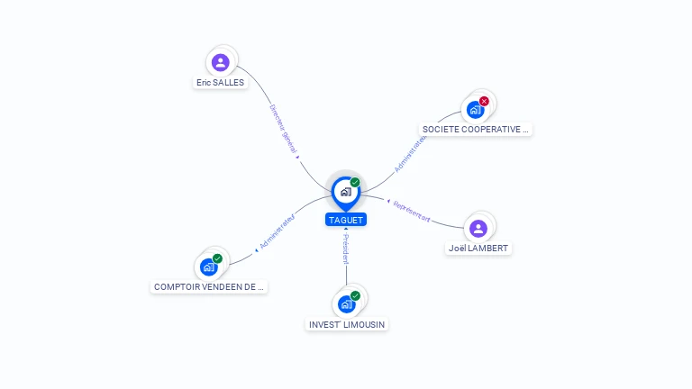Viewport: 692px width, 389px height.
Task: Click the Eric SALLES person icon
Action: tap(221, 62)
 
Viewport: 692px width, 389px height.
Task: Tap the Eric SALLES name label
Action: tap(220, 83)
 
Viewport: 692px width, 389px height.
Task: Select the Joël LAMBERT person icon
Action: tap(478, 228)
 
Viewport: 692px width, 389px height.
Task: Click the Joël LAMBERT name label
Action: tap(478, 249)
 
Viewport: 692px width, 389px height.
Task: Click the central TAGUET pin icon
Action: tap(345, 192)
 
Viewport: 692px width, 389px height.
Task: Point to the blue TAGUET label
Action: tap(346, 220)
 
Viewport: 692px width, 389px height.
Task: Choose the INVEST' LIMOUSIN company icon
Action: tap(346, 304)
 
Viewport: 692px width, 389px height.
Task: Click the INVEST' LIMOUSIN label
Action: tap(348, 324)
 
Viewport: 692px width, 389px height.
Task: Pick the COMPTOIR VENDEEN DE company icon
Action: tap(209, 267)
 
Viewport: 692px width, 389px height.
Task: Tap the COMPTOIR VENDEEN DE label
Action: tap(210, 287)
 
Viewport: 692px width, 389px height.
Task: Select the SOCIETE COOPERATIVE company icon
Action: tap(475, 110)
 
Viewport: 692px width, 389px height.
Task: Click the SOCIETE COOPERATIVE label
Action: tap(477, 130)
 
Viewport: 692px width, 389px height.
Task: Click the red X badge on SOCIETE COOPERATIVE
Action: tap(484, 101)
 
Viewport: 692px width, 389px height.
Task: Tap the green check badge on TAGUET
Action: tap(355, 183)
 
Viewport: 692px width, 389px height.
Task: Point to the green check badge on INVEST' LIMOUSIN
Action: tap(355, 295)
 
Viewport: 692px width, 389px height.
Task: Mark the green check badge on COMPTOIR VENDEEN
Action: tap(217, 258)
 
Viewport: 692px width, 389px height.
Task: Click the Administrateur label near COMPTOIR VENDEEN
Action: tap(277, 231)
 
